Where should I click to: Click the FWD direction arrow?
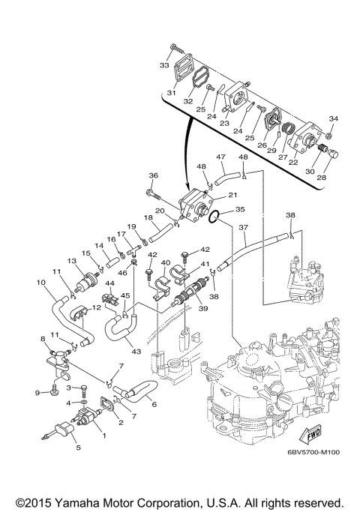point(310,434)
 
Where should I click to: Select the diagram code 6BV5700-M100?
point(313,452)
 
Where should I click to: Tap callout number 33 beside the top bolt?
point(164,65)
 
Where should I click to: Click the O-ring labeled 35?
point(214,217)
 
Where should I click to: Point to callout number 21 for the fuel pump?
point(232,195)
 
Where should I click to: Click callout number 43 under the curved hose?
point(136,352)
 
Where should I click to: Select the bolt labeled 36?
point(154,194)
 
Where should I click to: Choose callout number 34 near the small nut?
point(333,119)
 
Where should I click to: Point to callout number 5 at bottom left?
point(79,448)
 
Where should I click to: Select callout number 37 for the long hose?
point(244,227)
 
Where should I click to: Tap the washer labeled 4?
point(83,402)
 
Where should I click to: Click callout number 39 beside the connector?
point(203,307)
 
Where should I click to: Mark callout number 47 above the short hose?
point(220,157)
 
